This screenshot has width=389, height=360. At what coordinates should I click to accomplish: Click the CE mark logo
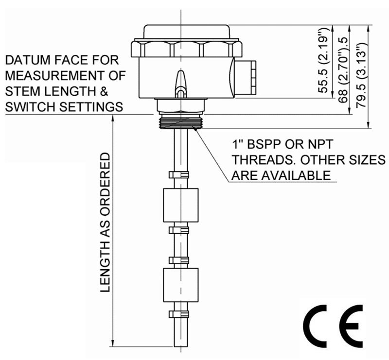(333, 325)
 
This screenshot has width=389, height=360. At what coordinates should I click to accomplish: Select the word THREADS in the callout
(259, 160)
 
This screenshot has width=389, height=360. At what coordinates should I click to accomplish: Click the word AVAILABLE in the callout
(296, 175)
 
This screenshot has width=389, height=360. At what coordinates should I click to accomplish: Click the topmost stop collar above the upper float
(178, 175)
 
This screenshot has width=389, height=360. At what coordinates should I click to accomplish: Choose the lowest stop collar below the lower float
(178, 314)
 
